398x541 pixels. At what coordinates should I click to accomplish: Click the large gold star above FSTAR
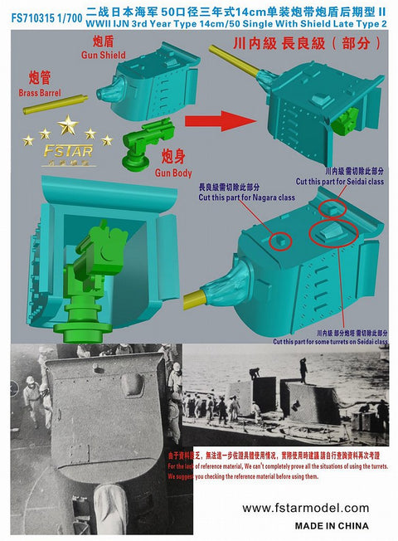[68, 125]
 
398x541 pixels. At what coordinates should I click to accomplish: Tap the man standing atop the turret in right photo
[303, 368]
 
